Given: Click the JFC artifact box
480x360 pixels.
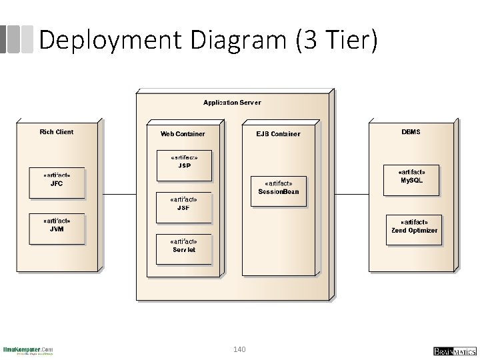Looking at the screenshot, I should tap(57, 182).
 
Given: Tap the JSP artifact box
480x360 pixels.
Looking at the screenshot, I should tap(183, 164).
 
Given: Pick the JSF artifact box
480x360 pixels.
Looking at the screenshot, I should tap(183, 207).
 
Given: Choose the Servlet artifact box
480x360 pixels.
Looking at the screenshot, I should tap(183, 248).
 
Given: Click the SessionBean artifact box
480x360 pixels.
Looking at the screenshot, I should tap(279, 190).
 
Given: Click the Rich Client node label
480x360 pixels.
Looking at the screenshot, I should tap(57, 132).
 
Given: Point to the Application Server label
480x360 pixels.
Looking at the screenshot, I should tap(232, 103).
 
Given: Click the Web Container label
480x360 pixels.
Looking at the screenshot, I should tap(183, 134).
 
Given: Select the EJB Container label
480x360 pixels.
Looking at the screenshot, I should tap(278, 134).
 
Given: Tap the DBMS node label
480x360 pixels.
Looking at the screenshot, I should tap(411, 132).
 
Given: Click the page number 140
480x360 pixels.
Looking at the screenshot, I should tap(240, 349).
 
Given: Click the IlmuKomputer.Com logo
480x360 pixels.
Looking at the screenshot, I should tap(28, 350).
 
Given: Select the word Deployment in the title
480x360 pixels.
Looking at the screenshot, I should tap(111, 41).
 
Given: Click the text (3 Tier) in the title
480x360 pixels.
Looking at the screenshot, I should tap(336, 41).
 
